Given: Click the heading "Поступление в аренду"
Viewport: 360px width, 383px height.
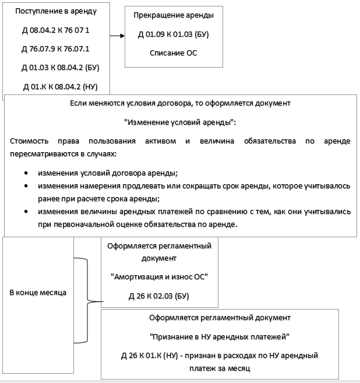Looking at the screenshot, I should [55, 11].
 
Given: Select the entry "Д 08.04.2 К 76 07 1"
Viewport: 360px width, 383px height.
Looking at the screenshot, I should [55, 30].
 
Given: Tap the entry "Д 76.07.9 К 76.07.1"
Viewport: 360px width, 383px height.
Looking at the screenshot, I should [55, 48].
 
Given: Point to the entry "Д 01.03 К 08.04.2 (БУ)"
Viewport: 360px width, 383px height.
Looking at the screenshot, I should [61, 67].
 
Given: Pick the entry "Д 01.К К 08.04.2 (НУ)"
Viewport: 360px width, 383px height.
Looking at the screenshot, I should [60, 87].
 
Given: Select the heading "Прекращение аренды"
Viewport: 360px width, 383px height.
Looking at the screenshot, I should [173, 15].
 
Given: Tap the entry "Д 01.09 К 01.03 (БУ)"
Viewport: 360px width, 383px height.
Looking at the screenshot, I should [173, 34].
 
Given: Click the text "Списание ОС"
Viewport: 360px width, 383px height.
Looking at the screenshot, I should [173, 53].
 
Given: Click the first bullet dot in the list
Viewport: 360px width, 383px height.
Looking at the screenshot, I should [26, 174].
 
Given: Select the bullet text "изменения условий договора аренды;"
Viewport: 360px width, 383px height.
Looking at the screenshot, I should [108, 174].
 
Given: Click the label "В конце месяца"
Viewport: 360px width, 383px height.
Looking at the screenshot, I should [37, 291].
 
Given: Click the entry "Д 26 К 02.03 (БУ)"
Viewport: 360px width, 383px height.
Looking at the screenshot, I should [159, 297].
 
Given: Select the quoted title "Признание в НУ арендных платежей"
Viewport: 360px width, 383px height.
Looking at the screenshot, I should [220, 337].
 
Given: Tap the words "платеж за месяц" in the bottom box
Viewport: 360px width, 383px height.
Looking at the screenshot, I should [220, 368].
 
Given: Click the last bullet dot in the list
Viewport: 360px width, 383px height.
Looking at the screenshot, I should [26, 212].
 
